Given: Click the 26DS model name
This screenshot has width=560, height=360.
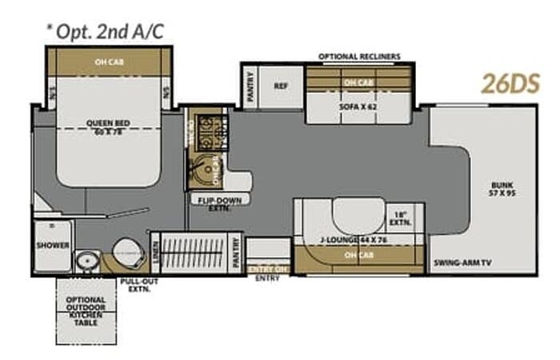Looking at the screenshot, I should click(510, 83).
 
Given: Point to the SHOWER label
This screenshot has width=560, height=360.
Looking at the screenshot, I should click(52, 246).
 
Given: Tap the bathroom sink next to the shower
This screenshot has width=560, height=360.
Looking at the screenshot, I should click(86, 260).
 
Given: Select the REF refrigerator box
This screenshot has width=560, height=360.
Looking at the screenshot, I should click(281, 86).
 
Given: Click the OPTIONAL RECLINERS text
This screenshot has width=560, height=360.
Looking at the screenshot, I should click(359, 57).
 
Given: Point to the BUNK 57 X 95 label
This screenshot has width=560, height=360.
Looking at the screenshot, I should click(502, 190).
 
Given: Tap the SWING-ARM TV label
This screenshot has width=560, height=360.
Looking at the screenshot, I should click(463, 262).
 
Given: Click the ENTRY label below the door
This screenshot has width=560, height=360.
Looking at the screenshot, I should click(266, 279).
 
